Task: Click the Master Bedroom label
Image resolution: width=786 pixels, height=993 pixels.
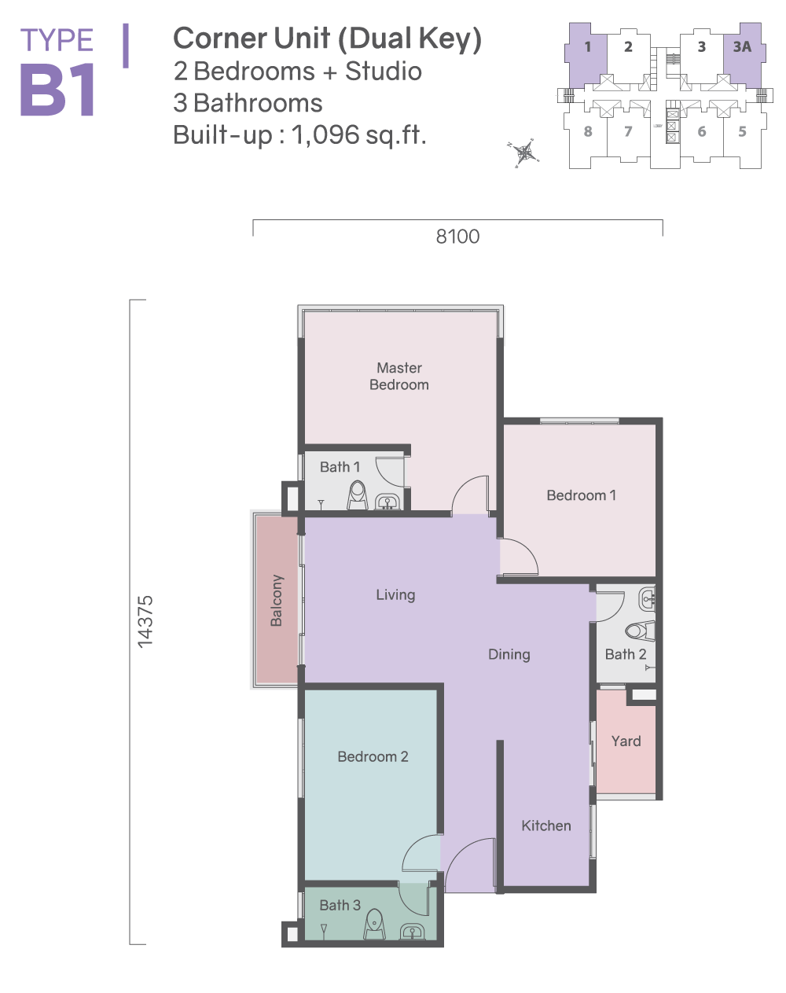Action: [x=399, y=376]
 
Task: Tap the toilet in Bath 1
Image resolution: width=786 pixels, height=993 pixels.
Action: [x=358, y=495]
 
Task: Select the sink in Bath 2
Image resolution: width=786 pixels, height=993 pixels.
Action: [x=647, y=600]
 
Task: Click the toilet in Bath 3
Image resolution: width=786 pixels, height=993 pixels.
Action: [x=375, y=925]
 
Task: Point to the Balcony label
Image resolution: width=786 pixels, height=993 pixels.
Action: [x=277, y=601]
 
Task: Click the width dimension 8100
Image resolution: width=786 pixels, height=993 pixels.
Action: [x=457, y=237]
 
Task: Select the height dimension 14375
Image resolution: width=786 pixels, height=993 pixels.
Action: [x=145, y=622]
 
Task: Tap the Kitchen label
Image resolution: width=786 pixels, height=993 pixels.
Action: [x=546, y=826]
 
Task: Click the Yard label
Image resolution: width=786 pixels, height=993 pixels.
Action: [x=626, y=741]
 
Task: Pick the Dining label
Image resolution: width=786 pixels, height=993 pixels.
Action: [x=509, y=655]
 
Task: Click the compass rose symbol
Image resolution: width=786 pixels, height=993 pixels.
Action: [x=524, y=153]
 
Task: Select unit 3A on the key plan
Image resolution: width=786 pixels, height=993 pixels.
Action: [x=742, y=46]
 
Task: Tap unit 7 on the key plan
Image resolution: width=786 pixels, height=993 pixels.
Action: [x=628, y=131]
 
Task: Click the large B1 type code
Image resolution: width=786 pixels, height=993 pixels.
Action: [x=57, y=90]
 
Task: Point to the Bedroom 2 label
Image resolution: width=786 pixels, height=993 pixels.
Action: [x=373, y=757]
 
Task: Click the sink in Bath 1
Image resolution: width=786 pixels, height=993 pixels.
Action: [x=387, y=502]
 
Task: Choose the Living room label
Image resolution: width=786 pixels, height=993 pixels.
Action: [x=395, y=595]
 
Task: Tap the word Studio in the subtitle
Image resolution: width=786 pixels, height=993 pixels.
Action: [x=384, y=72]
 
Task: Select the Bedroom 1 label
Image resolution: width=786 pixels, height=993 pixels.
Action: [x=581, y=495]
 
